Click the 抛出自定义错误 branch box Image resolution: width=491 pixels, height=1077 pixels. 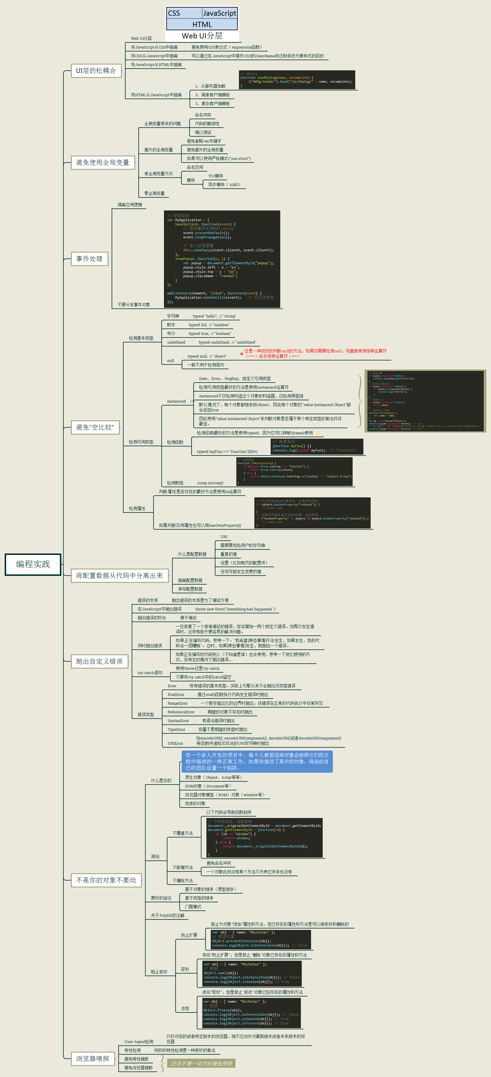click(x=99, y=661)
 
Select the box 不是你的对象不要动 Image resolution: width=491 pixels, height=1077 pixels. click(x=106, y=880)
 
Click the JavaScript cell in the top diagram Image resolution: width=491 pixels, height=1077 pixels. click(x=219, y=13)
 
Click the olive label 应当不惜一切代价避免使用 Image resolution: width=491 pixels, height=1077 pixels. click(x=201, y=1063)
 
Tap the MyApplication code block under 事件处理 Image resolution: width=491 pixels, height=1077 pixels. click(x=222, y=259)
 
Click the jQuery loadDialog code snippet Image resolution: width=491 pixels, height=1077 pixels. click(x=297, y=79)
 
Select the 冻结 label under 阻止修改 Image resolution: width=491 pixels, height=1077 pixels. click(x=185, y=1008)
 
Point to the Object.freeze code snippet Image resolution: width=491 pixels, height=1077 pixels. click(x=249, y=1013)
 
